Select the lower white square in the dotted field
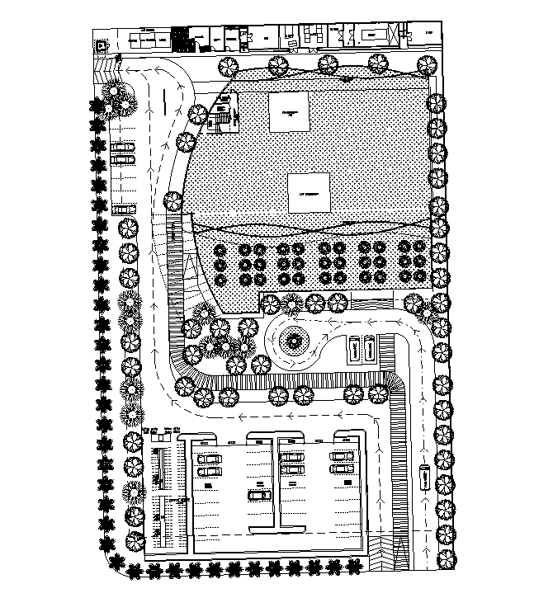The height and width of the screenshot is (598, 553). point(309,192)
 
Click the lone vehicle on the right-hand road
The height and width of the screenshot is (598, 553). point(424,478)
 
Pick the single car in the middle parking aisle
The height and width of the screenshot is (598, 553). point(260,495)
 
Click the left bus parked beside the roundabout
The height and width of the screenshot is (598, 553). point(352,348)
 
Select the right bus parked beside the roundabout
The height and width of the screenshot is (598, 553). point(367,348)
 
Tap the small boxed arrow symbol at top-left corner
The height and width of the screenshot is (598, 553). point(102,45)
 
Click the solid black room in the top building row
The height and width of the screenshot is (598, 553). point(180,38)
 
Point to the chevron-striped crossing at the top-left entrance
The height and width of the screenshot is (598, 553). point(106,67)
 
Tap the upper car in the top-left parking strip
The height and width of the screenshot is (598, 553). point(123,148)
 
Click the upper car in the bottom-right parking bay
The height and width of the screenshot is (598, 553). point(342,456)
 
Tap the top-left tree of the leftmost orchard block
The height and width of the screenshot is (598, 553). point(220,248)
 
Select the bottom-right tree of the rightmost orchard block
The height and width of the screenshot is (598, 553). point(421,278)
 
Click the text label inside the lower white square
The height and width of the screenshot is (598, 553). point(309,194)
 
